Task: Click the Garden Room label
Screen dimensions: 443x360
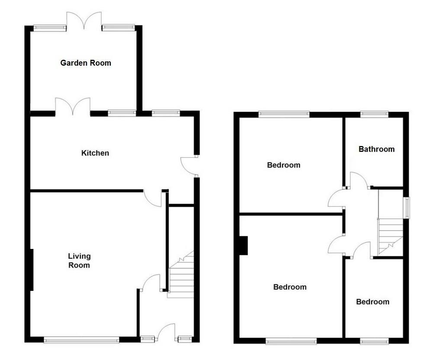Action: click(86, 63)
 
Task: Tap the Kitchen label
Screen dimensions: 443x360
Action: click(95, 153)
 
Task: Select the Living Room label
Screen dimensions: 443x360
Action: click(79, 261)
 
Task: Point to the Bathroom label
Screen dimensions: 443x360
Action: click(377, 149)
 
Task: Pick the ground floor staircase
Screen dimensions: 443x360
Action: click(181, 274)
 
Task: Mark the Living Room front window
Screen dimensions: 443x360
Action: click(82, 340)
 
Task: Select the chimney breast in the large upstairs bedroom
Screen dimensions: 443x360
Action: click(244, 245)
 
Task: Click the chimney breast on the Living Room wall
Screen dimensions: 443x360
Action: click(32, 270)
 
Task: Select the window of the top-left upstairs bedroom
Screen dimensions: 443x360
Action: click(284, 114)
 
